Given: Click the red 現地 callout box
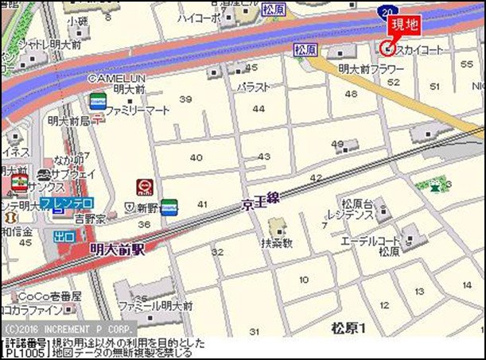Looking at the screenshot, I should (404, 25).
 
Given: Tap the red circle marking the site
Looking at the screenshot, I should (387, 47).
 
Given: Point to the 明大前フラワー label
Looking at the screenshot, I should (371, 70).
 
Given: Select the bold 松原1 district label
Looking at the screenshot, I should (348, 327).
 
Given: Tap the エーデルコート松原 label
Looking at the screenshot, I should (372, 246).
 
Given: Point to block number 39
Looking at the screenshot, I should (186, 99).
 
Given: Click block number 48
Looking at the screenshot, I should (351, 94).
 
